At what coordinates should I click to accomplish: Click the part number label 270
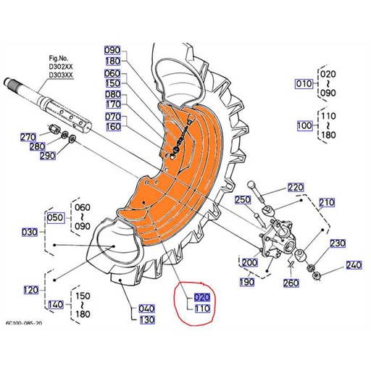coord(28,137)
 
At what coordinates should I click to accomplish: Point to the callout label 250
coord(242,199)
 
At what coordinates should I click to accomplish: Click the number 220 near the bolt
coord(296,187)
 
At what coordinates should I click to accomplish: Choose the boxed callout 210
coord(327,202)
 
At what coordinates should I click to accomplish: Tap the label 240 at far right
coord(353,266)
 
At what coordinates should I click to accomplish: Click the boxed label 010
coord(304,83)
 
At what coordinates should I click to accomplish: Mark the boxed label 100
coord(304,125)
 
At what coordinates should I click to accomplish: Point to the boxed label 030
coord(30,232)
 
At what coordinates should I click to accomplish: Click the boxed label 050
coord(56,217)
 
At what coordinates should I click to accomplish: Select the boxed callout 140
coord(56,304)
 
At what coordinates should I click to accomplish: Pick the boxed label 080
coord(113,94)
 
